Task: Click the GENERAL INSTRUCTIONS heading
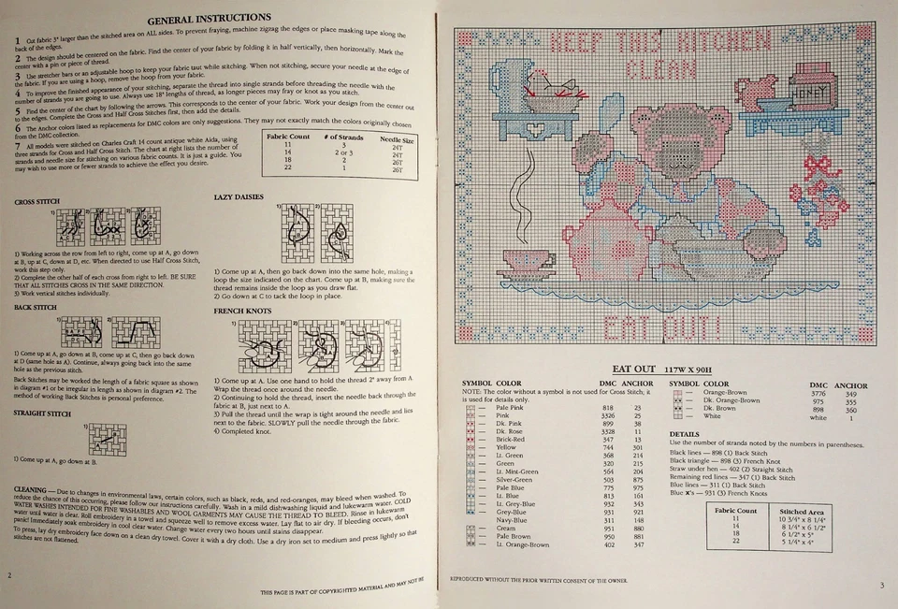click(x=209, y=18)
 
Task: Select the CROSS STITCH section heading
click(x=36, y=202)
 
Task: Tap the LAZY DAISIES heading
click(x=239, y=197)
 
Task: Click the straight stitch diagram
click(x=109, y=438)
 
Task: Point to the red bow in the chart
click(x=819, y=167)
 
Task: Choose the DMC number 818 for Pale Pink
click(x=608, y=408)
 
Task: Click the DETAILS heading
click(x=685, y=434)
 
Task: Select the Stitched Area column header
click(x=802, y=512)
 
